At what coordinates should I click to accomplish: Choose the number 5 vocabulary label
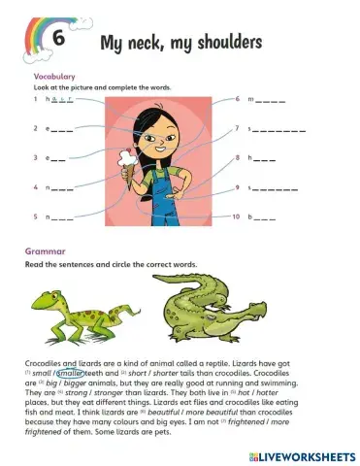35,215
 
